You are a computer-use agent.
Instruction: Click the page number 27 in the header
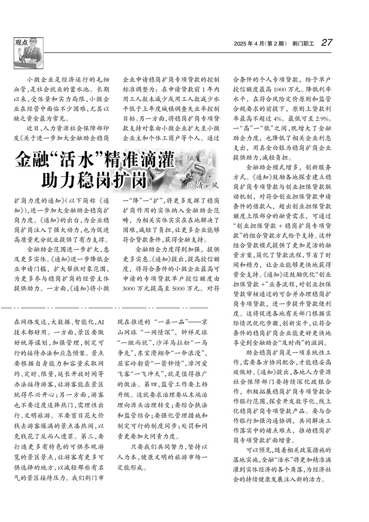tap(327, 43)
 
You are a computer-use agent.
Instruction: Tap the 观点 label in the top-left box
tap(22, 42)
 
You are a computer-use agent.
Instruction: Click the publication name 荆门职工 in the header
tap(303, 44)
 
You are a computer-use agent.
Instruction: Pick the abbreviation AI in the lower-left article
tap(101, 321)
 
